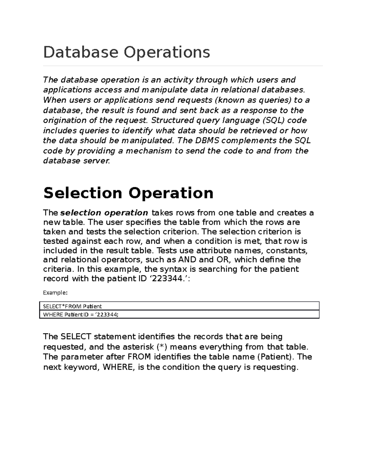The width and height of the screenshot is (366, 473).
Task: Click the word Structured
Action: (172, 120)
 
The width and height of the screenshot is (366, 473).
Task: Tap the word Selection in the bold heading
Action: (82, 193)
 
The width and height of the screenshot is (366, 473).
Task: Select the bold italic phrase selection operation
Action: (104, 213)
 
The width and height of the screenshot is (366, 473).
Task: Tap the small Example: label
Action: (55, 293)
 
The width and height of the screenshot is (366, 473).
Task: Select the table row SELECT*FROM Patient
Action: (72, 306)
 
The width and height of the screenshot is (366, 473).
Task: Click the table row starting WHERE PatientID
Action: (81, 315)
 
